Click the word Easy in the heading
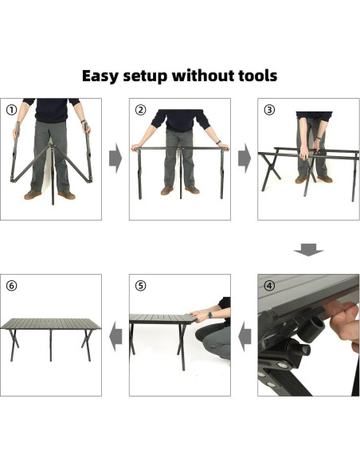point(100,76)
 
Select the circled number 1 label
point(12,110)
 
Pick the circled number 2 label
point(140,110)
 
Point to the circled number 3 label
point(269,110)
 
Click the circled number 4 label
point(269,286)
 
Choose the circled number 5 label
point(140,286)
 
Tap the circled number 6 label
point(12,286)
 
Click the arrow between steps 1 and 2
point(115,158)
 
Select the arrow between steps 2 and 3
point(245,158)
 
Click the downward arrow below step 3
point(309,250)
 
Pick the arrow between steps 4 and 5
point(245,337)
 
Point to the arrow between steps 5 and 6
point(115,337)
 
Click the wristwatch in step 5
point(210,315)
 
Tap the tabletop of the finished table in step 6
point(51,324)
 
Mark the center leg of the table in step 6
point(51,345)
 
